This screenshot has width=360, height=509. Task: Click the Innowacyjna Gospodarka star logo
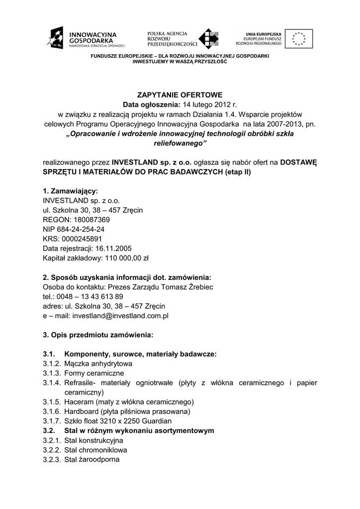tap(56, 38)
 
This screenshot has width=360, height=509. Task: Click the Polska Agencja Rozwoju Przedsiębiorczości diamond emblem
tap(208, 39)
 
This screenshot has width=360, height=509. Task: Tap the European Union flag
tap(298, 38)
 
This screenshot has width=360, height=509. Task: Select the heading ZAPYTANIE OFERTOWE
tap(180, 94)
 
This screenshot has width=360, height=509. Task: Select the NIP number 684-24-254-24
tap(81, 229)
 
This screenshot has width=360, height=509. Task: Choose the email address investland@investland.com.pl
tap(121, 315)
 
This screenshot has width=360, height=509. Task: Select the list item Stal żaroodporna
tap(92, 459)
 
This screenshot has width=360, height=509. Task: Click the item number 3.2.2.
tap(52, 450)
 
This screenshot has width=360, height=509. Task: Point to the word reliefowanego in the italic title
tap(180, 143)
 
